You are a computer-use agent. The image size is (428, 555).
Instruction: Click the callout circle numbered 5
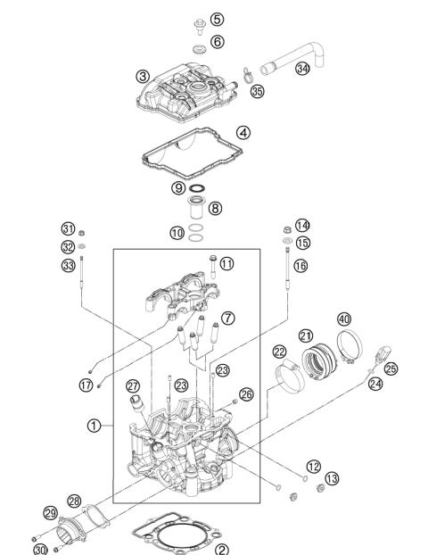pos(217,19)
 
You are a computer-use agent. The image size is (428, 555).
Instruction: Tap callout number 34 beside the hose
pos(303,68)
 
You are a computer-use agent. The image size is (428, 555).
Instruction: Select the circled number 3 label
pos(143,76)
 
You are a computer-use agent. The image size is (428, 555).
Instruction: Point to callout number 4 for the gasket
pos(243,132)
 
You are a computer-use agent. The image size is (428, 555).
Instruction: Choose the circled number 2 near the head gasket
pos(222,549)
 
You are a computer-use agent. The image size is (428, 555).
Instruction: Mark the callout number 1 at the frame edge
pos(94,426)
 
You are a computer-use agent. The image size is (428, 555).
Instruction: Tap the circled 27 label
pos(133,385)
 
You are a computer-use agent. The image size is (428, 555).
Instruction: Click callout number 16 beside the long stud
pos(301,266)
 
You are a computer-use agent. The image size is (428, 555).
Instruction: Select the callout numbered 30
pos(40,547)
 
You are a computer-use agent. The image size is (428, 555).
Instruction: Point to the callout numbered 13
pos(332,479)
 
